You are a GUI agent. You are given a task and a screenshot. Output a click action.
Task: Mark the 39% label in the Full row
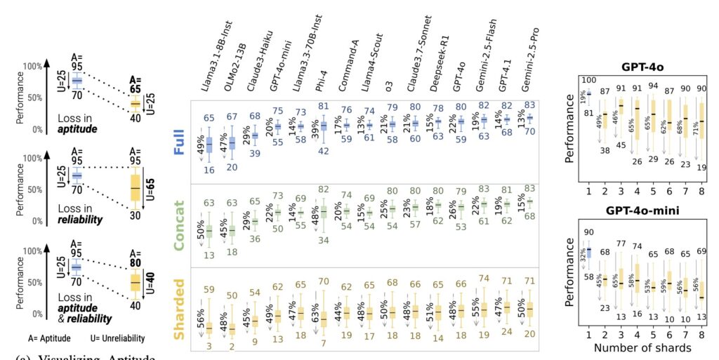[316, 134]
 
